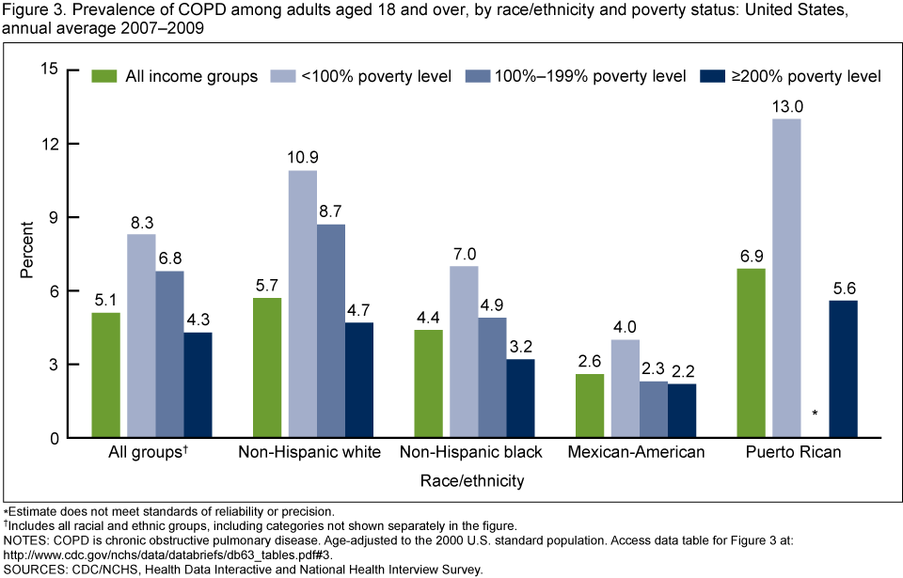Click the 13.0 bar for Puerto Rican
(787, 278)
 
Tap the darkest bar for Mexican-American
(682, 411)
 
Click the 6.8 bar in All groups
(170, 354)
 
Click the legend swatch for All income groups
(104, 76)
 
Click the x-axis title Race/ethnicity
(473, 480)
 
